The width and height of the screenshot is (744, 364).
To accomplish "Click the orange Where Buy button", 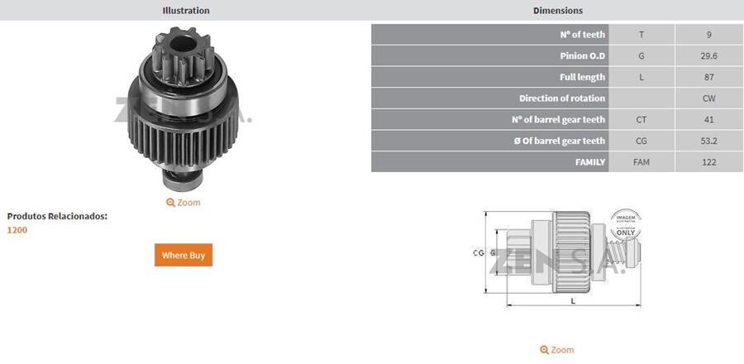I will coord(184,255).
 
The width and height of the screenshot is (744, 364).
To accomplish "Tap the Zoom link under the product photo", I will coord(184,202).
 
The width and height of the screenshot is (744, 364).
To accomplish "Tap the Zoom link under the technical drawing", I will coord(557,350).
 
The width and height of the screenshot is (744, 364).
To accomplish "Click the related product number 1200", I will coord(17,230).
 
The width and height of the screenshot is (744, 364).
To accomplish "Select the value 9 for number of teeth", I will coord(708,35).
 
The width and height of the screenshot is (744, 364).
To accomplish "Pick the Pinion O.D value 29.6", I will coord(708,56).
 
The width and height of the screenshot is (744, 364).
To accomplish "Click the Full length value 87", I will coord(708,77).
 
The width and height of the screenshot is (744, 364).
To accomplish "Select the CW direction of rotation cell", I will coord(708,98).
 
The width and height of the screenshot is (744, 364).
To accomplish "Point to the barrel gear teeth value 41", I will coord(708,120).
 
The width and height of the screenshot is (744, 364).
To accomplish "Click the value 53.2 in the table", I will coord(708,141).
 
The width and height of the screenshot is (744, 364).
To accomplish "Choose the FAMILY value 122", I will coord(708,162).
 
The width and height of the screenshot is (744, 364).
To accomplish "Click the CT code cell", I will coord(641,120).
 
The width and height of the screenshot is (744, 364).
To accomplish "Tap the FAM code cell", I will coord(641,162).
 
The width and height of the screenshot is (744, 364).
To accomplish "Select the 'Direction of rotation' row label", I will coord(562,98).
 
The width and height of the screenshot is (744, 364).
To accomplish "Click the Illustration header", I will coord(186,11).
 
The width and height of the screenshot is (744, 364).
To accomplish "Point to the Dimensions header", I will coord(558,11).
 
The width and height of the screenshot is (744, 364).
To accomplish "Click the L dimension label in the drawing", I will coord(573,302).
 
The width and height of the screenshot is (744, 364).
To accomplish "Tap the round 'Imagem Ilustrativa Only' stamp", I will coord(626,224).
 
